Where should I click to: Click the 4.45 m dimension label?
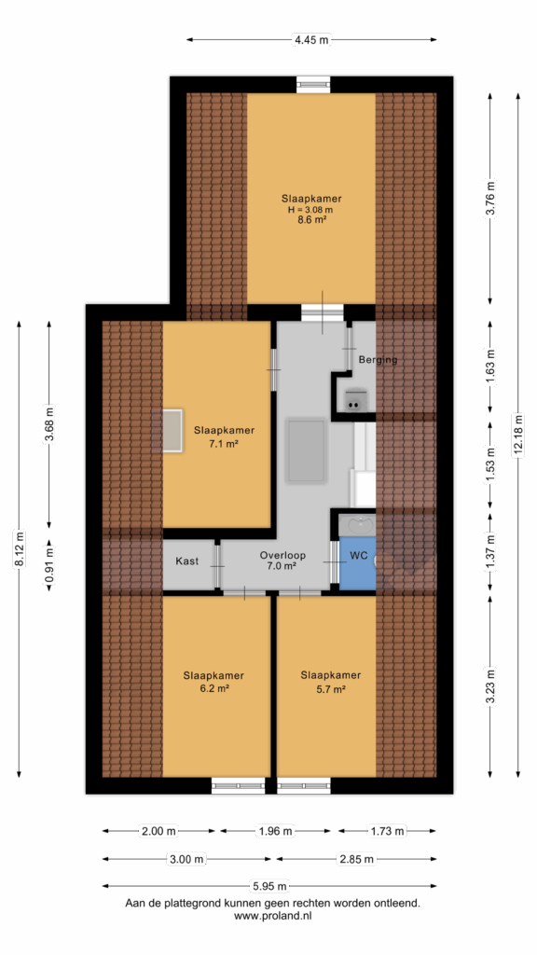pos(311,40)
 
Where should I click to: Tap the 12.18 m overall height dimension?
pos(518,435)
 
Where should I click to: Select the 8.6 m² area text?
pos(311,220)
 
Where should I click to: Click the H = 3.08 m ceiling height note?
pos(311,210)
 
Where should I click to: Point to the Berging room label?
pos(378,359)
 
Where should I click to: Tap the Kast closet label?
pos(186,561)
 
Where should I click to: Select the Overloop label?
pos(282,556)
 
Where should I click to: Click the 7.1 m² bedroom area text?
pos(224,444)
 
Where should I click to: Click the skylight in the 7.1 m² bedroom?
pos(168,431)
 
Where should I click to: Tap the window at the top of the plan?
pos(313,85)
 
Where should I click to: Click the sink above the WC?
pos(358,525)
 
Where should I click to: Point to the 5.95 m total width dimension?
pos(269,886)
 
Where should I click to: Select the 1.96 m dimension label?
pos(275,831)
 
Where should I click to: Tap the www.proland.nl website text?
pos(273,915)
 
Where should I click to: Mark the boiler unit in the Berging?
pos(353,399)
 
